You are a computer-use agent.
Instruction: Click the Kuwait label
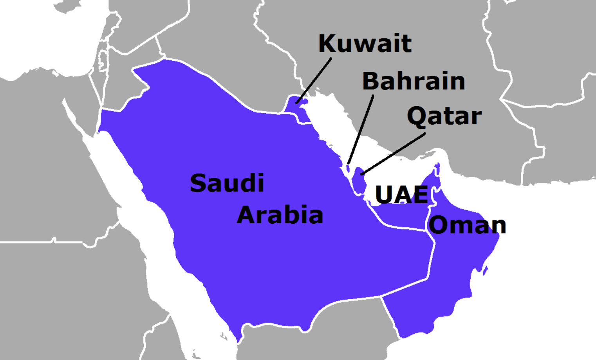click(x=365, y=43)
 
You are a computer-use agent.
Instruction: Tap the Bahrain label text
click(x=414, y=81)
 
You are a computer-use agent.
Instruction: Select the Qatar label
click(x=444, y=116)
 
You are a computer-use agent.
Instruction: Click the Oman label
click(x=467, y=225)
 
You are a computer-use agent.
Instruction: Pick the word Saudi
click(x=227, y=183)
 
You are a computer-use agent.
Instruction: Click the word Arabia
click(x=280, y=215)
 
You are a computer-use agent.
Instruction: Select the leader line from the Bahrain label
click(x=361, y=129)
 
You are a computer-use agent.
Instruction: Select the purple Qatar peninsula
click(x=359, y=180)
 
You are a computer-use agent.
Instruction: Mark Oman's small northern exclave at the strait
click(x=437, y=169)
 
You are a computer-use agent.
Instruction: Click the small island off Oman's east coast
click(x=485, y=271)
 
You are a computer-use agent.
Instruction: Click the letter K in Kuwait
click(x=326, y=43)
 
